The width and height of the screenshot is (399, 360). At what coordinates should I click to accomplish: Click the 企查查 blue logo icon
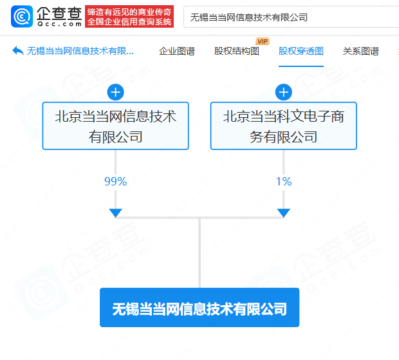[23, 17]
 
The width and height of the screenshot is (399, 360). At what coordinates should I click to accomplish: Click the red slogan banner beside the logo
[129, 17]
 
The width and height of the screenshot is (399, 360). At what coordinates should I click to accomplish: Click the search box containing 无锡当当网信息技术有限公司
[290, 17]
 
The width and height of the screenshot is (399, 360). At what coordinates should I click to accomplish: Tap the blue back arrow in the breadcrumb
[17, 51]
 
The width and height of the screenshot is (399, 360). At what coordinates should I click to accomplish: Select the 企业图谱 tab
[176, 52]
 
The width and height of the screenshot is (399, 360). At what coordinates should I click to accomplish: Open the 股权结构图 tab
[236, 52]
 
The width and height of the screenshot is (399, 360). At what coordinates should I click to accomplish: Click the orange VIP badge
[262, 41]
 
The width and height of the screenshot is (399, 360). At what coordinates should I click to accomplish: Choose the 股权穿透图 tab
[301, 52]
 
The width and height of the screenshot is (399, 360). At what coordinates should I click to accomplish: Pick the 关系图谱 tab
[360, 52]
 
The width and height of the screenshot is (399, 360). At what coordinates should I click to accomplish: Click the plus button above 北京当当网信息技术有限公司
[115, 93]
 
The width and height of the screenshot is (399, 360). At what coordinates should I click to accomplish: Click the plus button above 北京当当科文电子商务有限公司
[283, 93]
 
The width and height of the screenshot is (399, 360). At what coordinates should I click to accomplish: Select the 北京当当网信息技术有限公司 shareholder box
[115, 126]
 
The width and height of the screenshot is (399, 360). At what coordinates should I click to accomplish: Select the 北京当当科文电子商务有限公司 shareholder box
[283, 126]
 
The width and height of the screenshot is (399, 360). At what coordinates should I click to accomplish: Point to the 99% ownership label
[115, 182]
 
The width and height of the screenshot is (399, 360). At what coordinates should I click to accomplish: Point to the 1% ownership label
[283, 182]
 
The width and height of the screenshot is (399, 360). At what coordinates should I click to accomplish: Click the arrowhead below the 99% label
[115, 213]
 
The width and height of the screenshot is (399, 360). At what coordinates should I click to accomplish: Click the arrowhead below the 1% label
[283, 213]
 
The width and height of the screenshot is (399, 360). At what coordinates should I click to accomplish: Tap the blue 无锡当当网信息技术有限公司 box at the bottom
[199, 308]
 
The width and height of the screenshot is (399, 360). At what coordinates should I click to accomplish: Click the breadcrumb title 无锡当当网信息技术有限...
[81, 52]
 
